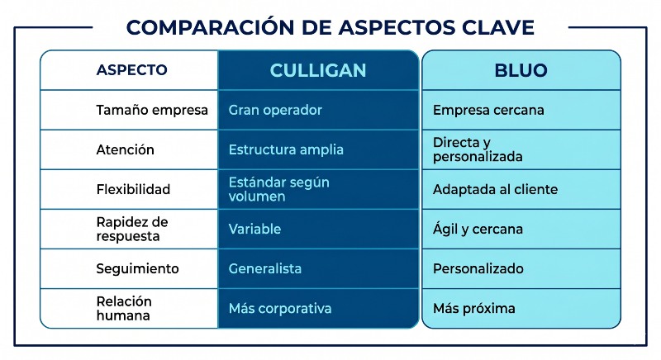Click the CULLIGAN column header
[317, 70]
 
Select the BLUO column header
[521, 70]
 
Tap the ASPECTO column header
[131, 70]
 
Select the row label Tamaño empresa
[152, 110]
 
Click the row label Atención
[126, 149]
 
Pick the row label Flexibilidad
[133, 189]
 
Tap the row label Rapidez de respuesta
[132, 229]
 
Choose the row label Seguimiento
[138, 268]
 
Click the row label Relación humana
[125, 308]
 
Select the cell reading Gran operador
[275, 110]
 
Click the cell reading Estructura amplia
[286, 149]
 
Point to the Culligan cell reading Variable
[254, 229]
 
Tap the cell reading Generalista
[265, 268]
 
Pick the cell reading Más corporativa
[280, 308]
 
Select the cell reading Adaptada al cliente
[495, 189]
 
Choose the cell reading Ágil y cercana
[478, 229]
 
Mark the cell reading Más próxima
[474, 308]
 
